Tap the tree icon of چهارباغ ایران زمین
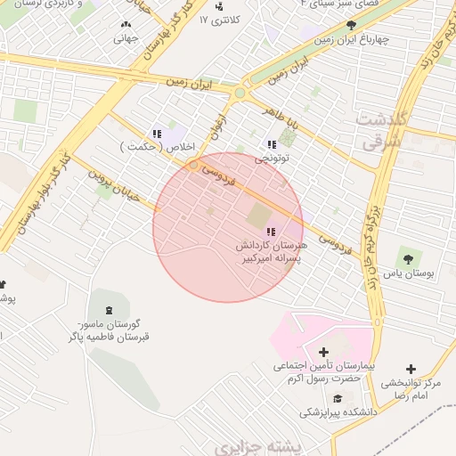pos(351,26)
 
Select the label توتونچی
pos(273,159)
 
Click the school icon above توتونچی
pos(271,144)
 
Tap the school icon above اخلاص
pos(157,134)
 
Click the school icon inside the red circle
pos(271,232)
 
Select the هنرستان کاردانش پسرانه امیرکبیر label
pos(271,251)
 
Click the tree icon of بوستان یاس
pos(408,259)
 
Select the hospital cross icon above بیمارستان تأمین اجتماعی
pos(322,353)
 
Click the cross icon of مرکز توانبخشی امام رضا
pos(411,369)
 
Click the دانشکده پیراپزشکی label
pos(338,413)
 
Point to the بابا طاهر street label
pos(282,116)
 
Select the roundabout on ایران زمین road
pos(239,92)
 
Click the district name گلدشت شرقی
pos(380,129)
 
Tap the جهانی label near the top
pos(124,38)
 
